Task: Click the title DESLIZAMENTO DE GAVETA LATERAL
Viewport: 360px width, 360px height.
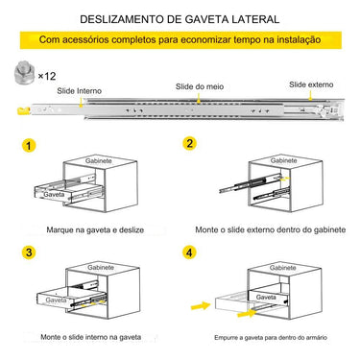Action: click(180, 18)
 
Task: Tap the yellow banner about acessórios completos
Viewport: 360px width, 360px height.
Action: click(180, 40)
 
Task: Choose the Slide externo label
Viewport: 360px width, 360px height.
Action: click(310, 84)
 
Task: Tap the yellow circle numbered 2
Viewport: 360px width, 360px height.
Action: click(191, 143)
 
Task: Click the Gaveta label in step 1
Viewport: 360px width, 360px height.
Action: click(55, 195)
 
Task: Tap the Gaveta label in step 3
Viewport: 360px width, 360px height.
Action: click(55, 300)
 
